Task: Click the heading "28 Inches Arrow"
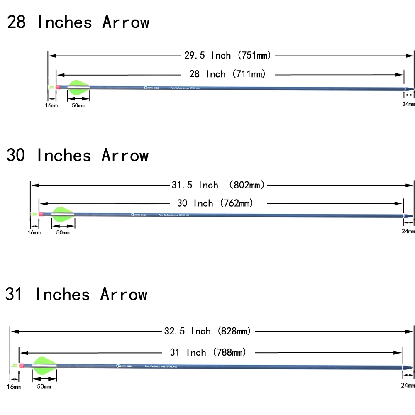[x=78, y=22]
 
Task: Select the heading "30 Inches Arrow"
[x=77, y=156]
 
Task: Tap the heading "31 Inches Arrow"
[x=76, y=295]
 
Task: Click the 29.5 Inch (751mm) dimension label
[x=227, y=55]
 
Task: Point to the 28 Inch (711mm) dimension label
[x=227, y=74]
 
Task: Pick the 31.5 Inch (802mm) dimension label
[x=218, y=185]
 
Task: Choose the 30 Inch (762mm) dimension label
[x=215, y=203]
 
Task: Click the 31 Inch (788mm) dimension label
[x=208, y=353]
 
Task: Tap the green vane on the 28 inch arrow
[x=78, y=87]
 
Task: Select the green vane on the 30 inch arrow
[x=63, y=214]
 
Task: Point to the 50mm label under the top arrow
[x=78, y=106]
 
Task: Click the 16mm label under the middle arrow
[x=34, y=232]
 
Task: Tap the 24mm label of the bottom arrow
[x=408, y=386]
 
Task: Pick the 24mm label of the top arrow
[x=408, y=104]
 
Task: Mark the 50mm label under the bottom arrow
[x=44, y=387]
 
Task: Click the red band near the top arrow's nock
[x=57, y=87]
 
